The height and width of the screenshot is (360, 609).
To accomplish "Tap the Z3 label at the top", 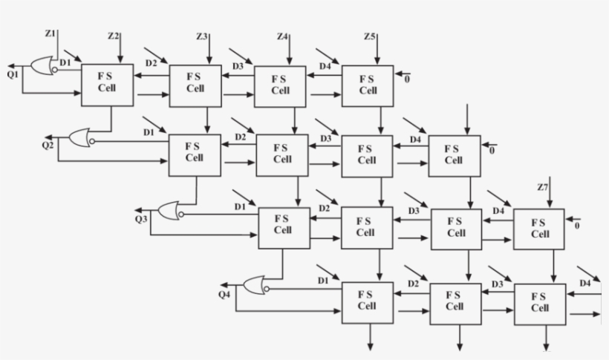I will click(202, 36).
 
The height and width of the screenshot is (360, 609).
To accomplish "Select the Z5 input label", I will click(370, 36).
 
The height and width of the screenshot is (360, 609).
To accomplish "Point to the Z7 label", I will click(542, 185).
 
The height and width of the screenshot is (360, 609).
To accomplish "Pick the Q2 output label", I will click(48, 143).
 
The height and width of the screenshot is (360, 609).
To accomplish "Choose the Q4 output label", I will click(224, 295).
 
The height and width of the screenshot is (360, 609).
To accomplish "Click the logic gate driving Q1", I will click(42, 67).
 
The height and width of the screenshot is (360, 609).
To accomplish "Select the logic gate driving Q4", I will click(253, 285).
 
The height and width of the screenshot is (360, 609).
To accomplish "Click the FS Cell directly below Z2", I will click(107, 83).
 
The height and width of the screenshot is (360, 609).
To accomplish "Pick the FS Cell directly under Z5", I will click(368, 85).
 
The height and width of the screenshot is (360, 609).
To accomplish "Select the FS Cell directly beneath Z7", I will click(538, 228).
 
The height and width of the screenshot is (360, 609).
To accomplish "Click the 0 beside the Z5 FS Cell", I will click(406, 79).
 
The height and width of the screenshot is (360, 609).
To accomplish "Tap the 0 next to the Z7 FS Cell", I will click(577, 225).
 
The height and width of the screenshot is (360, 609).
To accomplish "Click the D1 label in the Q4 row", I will click(322, 281).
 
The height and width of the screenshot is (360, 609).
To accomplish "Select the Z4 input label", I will click(282, 36).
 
